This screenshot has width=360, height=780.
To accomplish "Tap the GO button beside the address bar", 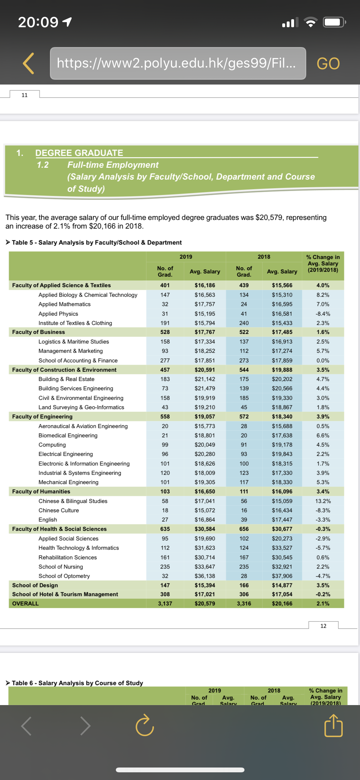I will (x=328, y=63).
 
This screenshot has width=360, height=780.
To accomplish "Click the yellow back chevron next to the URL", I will (x=28, y=63).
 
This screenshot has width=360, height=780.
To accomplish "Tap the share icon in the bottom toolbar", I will (x=333, y=726).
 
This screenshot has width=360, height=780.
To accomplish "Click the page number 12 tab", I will (x=323, y=626).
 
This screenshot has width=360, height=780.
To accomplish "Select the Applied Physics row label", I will (x=58, y=314).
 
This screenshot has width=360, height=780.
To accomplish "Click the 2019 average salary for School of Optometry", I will (x=205, y=576).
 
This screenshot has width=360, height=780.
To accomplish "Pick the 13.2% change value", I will (x=323, y=501).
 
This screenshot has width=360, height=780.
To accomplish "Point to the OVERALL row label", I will (x=25, y=604).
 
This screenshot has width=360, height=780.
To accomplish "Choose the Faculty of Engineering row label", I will (x=42, y=417).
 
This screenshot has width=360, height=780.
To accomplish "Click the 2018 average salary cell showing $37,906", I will (x=282, y=576).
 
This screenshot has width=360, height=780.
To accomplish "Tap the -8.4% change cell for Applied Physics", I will (x=323, y=314).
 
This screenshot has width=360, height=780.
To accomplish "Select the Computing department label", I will (x=52, y=445).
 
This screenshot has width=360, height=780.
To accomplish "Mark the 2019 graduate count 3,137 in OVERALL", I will (x=165, y=604).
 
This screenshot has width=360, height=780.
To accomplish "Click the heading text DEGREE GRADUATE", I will (x=79, y=153).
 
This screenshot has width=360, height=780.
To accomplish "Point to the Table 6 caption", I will (x=77, y=683).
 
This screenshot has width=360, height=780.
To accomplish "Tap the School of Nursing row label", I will (x=61, y=567).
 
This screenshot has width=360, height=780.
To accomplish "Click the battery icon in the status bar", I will (x=334, y=22).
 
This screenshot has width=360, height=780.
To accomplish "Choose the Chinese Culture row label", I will (x=59, y=510).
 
